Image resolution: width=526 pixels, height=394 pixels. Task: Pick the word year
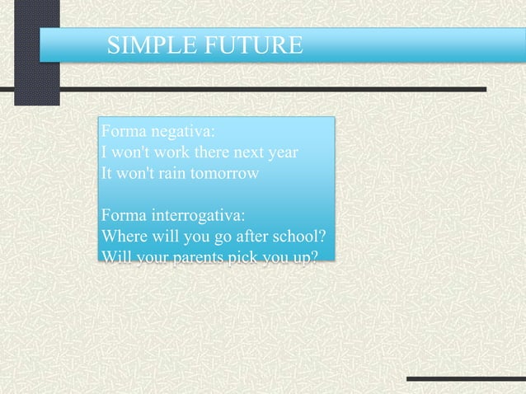pyautogui.click(x=281, y=153)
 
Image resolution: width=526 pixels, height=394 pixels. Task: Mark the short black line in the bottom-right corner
pyautogui.click(x=466, y=379)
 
